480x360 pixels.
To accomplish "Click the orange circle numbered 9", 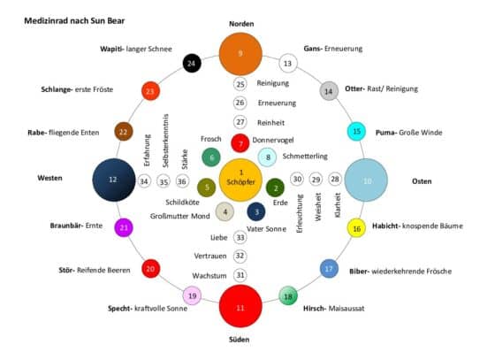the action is click(x=240, y=54).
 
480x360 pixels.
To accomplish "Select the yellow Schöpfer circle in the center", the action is click(x=241, y=180).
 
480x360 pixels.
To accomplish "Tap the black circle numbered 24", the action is click(x=192, y=64).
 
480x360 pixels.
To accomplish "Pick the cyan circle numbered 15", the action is click(x=356, y=132).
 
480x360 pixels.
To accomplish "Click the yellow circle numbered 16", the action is click(x=356, y=228).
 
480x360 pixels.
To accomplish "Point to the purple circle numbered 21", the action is click(x=124, y=227).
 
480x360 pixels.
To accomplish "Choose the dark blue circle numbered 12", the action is click(x=114, y=180).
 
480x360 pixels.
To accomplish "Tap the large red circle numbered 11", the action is click(x=240, y=306).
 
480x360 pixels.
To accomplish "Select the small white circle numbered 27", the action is click(x=240, y=122).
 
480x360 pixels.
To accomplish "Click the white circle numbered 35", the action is click(x=164, y=181).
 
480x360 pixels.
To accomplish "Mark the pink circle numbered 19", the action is click(x=192, y=295).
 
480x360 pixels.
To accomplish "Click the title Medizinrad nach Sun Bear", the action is click(x=74, y=21).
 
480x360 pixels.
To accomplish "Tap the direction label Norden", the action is click(x=241, y=24).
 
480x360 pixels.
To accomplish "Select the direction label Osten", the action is click(x=422, y=181).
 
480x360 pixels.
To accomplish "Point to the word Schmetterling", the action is click(x=305, y=157).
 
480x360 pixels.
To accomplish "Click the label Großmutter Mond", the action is click(x=180, y=217).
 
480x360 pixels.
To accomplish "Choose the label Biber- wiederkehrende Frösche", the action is click(x=400, y=272).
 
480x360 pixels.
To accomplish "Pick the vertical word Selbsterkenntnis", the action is click(x=165, y=141).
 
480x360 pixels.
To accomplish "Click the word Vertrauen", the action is click(x=210, y=256).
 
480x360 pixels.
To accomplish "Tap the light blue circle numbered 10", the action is click(x=366, y=180).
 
